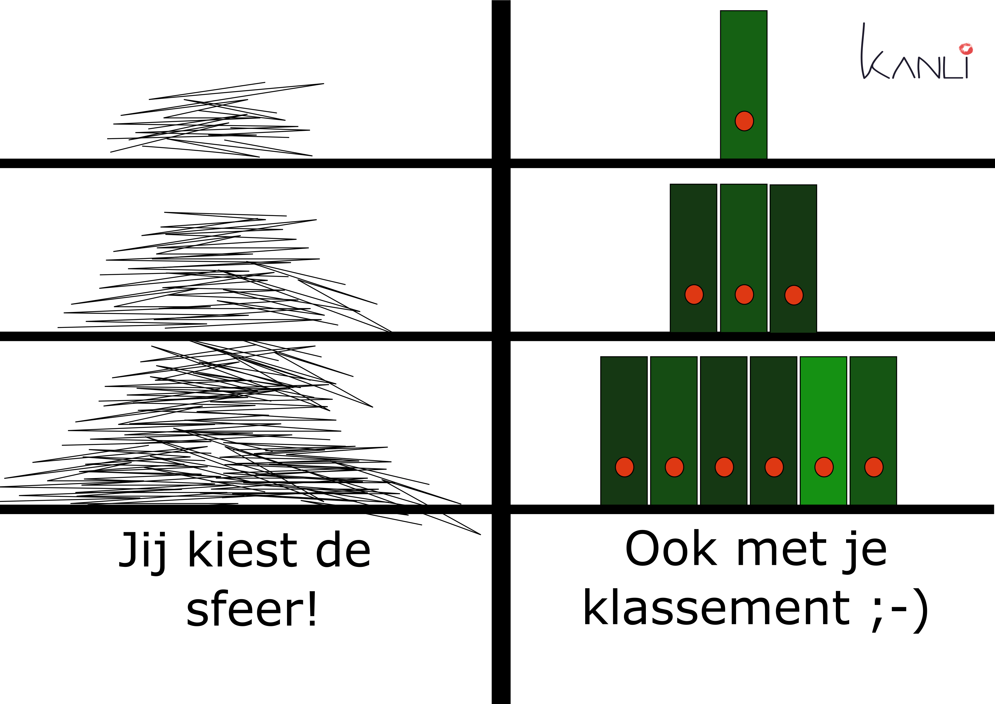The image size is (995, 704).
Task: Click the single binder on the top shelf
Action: (x=744, y=65)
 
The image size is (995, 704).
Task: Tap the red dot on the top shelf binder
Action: (x=744, y=121)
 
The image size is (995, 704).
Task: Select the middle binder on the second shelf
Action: (x=744, y=243)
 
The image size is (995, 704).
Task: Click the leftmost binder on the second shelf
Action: (x=693, y=243)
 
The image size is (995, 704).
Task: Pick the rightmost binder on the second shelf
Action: (x=794, y=243)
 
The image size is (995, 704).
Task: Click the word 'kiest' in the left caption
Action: (x=243, y=551)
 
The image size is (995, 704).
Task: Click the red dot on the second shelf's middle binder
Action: (x=744, y=295)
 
